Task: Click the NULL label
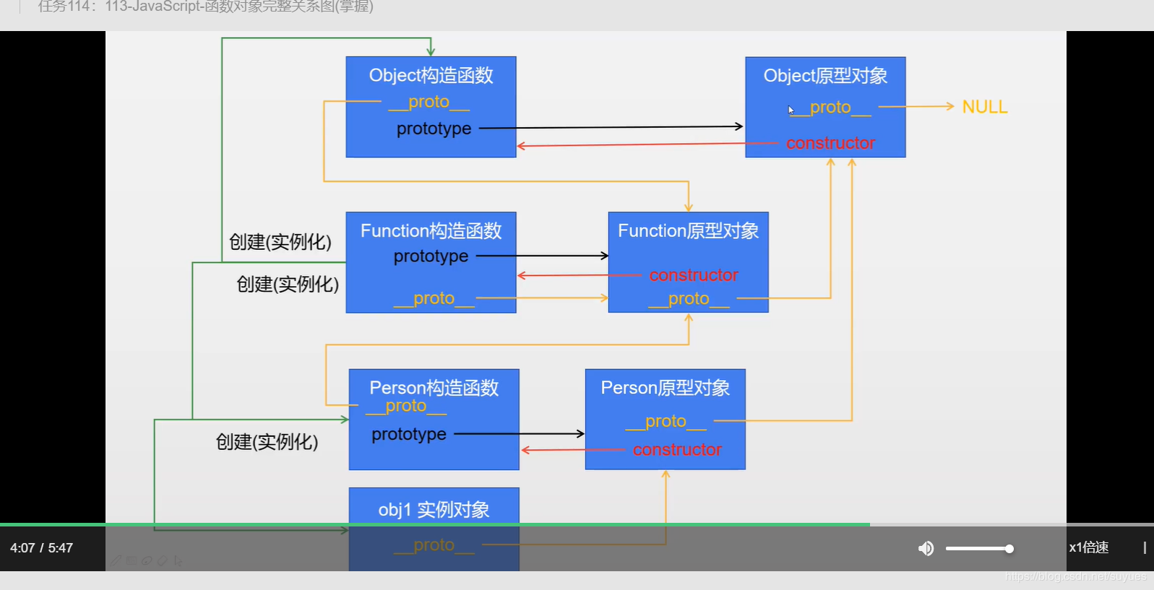click(984, 107)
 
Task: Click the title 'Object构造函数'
click(431, 75)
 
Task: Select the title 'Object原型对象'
click(825, 76)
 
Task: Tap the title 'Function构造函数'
click(431, 231)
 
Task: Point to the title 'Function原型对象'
click(688, 231)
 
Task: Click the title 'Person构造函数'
click(434, 388)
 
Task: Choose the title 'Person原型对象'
click(665, 388)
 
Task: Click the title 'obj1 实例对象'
click(434, 510)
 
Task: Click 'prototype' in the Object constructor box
click(434, 129)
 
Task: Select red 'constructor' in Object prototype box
click(830, 143)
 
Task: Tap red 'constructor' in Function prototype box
click(694, 275)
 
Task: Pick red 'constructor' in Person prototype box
click(677, 450)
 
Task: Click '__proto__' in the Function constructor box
click(434, 298)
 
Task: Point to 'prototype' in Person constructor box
click(409, 434)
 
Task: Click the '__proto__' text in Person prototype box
click(666, 421)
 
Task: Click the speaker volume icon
click(926, 549)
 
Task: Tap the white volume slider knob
click(1009, 549)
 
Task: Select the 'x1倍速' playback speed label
click(1088, 547)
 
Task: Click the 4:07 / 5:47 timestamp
click(41, 548)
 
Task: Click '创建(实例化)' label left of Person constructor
click(267, 442)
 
